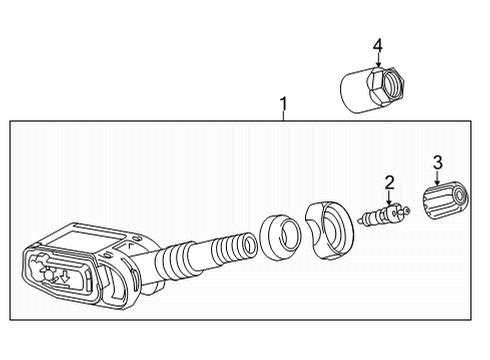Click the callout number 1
(x=283, y=103)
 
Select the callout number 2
(x=389, y=181)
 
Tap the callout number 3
(x=436, y=161)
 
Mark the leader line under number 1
(x=283, y=116)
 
